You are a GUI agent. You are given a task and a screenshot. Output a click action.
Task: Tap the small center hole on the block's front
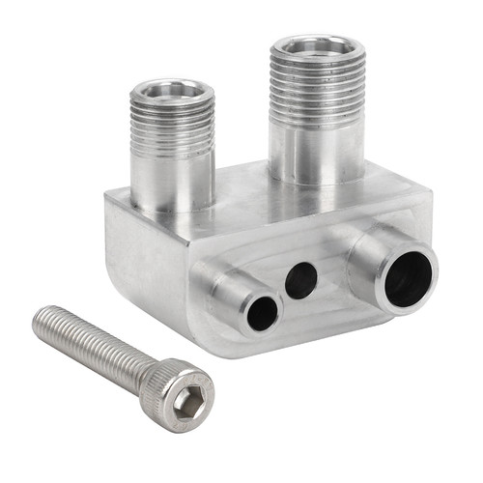pos(300,281)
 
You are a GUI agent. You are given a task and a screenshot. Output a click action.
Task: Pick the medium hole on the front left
pos(262,312)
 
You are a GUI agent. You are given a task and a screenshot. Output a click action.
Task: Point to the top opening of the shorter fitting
pos(171,92)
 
